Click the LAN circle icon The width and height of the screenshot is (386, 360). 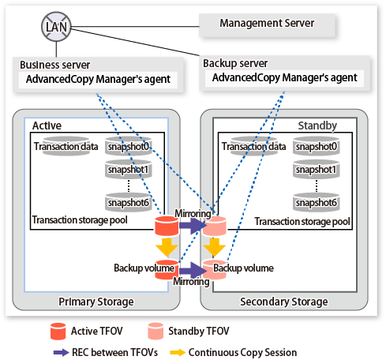point(56,27)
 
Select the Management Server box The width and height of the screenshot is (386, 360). point(267,24)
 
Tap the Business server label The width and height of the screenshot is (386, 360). point(55,65)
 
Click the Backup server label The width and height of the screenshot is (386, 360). point(235,63)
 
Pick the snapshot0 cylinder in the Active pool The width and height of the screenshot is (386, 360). point(129,146)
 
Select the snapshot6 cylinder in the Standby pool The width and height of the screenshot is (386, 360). point(316,202)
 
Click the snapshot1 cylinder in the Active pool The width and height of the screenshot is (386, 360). point(129,169)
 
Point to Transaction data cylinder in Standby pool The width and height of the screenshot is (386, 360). point(253,146)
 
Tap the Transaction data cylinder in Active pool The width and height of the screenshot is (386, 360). point(66,146)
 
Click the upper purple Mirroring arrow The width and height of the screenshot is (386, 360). point(193,226)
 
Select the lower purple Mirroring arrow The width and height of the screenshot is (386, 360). point(193,270)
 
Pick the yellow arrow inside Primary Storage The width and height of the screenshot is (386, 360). point(167,247)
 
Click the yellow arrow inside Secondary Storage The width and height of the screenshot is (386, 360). point(214,247)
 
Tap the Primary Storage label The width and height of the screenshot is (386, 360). point(96,302)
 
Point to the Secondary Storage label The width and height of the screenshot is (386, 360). point(284,302)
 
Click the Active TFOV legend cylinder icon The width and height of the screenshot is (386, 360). point(58,331)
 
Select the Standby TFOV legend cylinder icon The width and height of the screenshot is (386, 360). point(156,331)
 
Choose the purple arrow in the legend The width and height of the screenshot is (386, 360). point(61,352)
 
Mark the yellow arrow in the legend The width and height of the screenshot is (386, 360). point(178,352)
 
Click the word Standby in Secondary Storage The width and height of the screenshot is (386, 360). point(317,126)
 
